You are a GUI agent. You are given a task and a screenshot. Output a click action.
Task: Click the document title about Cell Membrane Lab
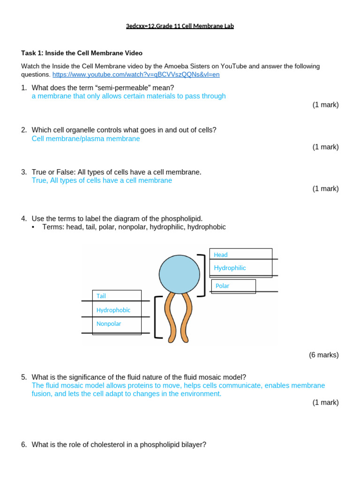pyautogui.click(x=180, y=26)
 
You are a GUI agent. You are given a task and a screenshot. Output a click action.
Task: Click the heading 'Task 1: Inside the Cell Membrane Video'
pyautogui.click(x=82, y=53)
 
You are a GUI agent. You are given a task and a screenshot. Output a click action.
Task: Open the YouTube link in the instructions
pyautogui.click(x=136, y=75)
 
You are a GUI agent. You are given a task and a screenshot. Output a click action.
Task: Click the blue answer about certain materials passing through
pyautogui.click(x=128, y=96)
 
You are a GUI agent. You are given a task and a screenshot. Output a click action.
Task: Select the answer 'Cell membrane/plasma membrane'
pyautogui.click(x=86, y=139)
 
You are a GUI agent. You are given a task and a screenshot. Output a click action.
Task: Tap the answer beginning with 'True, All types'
pyautogui.click(x=102, y=180)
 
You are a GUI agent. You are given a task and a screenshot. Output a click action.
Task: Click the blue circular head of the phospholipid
pyautogui.click(x=179, y=274)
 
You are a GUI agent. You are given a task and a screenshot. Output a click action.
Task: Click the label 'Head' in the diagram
pyautogui.click(x=221, y=255)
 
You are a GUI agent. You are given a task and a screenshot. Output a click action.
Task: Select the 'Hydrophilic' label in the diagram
pyautogui.click(x=230, y=268)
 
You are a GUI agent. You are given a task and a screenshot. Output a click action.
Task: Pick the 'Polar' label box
pyautogui.click(x=223, y=285)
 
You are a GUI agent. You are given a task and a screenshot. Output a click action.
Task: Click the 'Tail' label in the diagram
pyautogui.click(x=101, y=296)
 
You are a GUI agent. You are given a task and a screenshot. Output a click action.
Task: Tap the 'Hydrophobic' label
pyautogui.click(x=113, y=310)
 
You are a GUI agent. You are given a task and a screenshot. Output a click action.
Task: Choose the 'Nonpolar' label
pyautogui.click(x=108, y=323)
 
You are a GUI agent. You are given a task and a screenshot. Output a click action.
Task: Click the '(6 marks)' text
pyautogui.click(x=323, y=355)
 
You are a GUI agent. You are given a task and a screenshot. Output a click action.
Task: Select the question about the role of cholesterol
pyautogui.click(x=119, y=444)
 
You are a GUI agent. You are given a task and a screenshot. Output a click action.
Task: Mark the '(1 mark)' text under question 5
pyautogui.click(x=325, y=402)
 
